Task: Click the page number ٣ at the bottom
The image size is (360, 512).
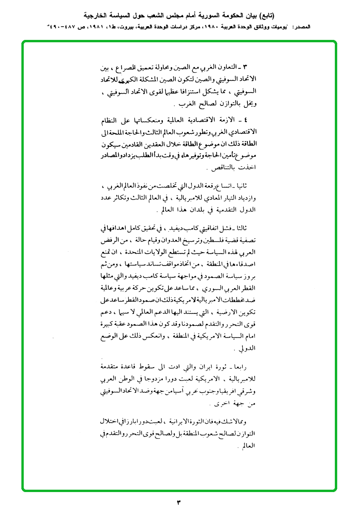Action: [180, 502]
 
